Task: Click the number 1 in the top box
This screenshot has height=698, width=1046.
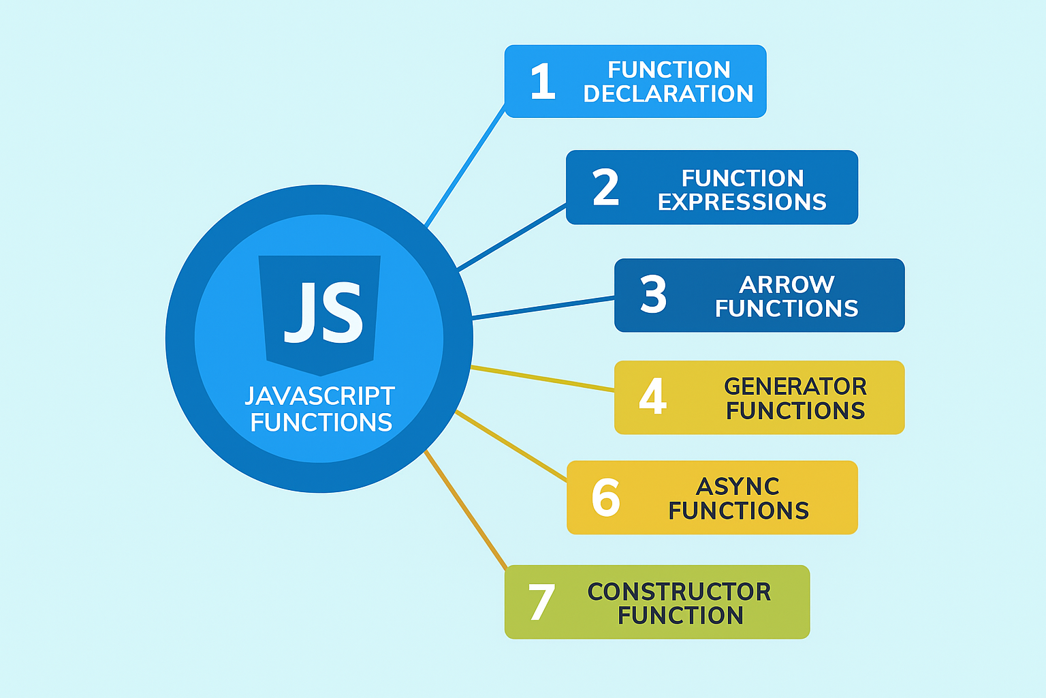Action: click(543, 82)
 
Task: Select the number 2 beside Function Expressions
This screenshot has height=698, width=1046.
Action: click(605, 187)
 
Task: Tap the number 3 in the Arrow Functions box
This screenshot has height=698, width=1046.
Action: click(653, 294)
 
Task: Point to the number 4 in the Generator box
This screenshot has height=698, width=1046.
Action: click(652, 396)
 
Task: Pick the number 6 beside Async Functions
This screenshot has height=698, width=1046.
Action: click(605, 497)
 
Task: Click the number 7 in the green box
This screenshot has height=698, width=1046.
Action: click(541, 602)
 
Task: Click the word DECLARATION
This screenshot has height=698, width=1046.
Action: click(668, 94)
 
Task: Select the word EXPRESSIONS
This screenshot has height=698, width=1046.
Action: click(742, 202)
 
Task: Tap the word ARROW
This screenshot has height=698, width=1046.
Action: click(787, 284)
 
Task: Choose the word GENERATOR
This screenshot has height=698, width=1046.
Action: click(795, 386)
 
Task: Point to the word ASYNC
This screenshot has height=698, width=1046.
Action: click(738, 487)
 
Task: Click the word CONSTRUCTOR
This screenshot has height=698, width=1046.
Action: click(679, 592)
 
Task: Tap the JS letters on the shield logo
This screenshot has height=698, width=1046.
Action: click(323, 313)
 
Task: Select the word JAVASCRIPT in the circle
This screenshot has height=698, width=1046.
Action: click(319, 396)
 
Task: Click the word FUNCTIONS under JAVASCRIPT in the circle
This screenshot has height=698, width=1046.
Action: click(321, 423)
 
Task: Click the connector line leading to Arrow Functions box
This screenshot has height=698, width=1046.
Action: click(543, 308)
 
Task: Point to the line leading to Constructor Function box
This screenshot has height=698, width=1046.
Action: click(466, 510)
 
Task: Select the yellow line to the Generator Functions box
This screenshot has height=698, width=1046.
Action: click(543, 378)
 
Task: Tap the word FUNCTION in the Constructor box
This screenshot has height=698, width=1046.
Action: click(680, 616)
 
